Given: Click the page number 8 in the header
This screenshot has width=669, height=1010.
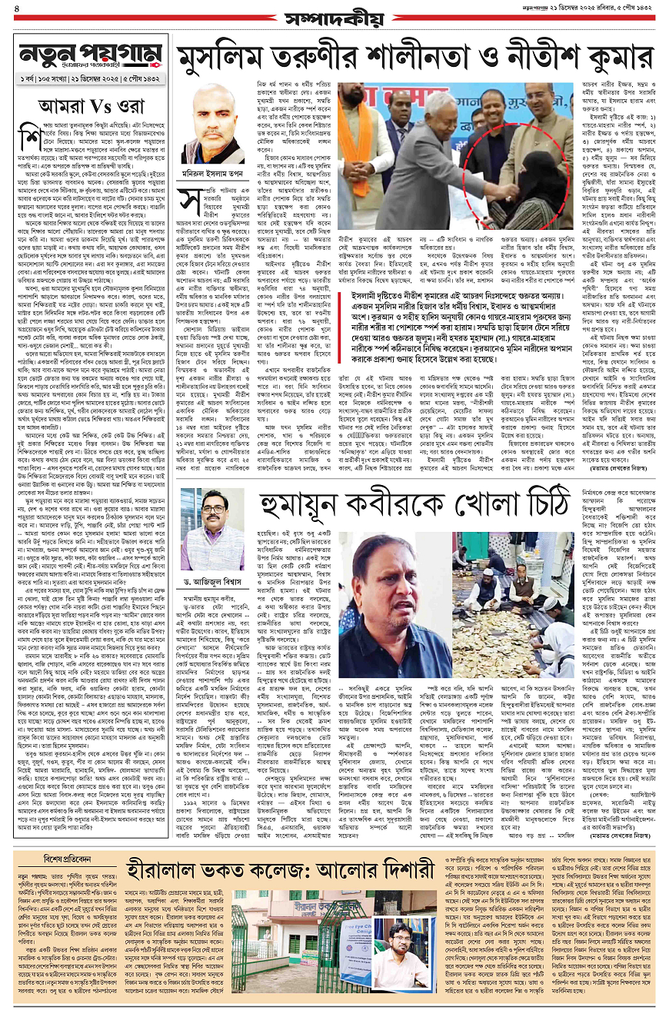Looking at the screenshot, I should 17,11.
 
